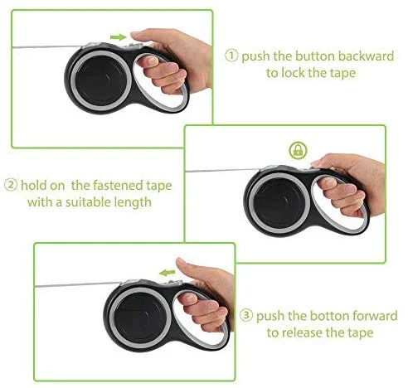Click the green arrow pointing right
tap(119, 37)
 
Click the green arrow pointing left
tap(168, 273)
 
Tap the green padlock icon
tap(298, 150)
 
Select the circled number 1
tap(231, 56)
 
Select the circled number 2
tap(11, 185)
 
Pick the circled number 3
tap(246, 315)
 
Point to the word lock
tap(293, 73)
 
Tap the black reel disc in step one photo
tap(101, 80)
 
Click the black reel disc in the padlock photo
tap(279, 203)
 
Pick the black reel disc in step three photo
tap(140, 318)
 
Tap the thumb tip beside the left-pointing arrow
tap(180, 262)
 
